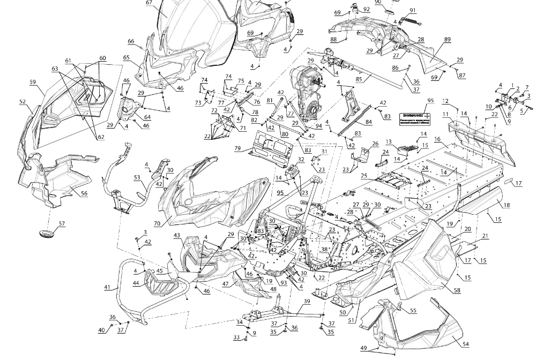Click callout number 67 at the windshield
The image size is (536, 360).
tap(149, 3)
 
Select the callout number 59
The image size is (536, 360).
tap(33, 82)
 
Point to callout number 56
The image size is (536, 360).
tap(84, 193)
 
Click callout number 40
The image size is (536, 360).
tap(102, 330)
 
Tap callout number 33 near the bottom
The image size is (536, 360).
tap(236, 337)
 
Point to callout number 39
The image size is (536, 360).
tap(307, 302)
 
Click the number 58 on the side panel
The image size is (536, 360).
tap(457, 290)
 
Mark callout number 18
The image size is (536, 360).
tap(507, 205)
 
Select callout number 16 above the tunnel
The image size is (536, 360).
tap(437, 139)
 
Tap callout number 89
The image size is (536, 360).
tap(448, 40)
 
